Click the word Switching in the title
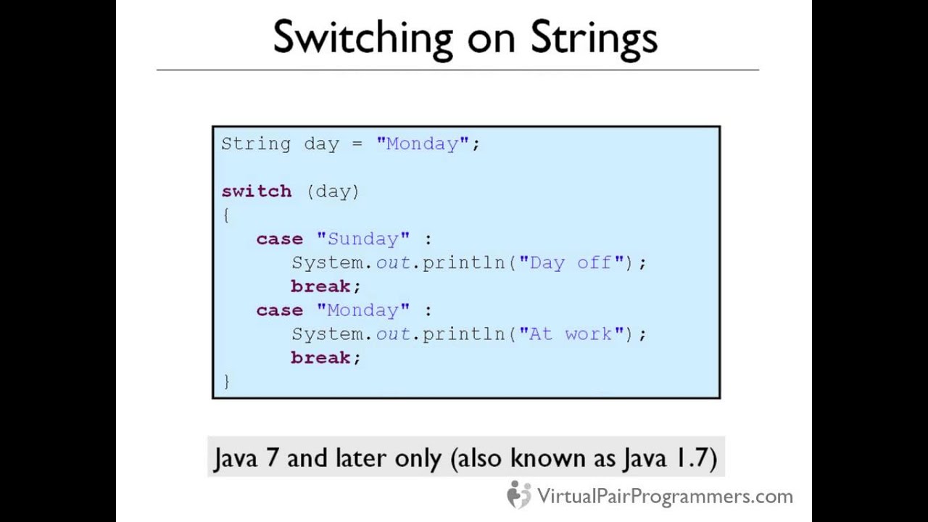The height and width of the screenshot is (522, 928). (362, 38)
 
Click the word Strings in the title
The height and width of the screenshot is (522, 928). (594, 38)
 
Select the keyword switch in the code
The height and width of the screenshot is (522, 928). (256, 191)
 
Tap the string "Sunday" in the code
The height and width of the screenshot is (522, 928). (362, 239)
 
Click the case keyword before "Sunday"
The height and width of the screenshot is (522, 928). (279, 239)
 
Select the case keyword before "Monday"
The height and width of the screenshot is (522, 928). (279, 310)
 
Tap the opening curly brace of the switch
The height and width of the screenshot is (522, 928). (226, 215)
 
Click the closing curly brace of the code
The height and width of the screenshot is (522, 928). (226, 381)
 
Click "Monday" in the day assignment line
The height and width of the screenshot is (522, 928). (423, 144)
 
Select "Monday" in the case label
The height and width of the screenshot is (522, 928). (362, 310)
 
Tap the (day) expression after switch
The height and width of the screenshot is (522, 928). (333, 191)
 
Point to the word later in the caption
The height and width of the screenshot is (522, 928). (362, 458)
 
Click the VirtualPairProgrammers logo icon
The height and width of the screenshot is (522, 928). (518, 495)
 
